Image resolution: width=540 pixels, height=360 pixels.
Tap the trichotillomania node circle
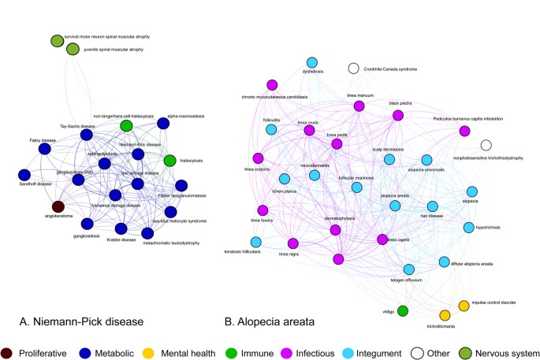444,316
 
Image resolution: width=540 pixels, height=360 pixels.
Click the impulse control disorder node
464,305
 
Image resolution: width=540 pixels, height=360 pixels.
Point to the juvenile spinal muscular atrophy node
73,50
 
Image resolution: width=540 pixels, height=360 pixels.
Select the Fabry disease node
45,147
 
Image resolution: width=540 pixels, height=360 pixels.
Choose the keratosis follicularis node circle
256,242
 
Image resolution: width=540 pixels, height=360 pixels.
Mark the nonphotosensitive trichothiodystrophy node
486,145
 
